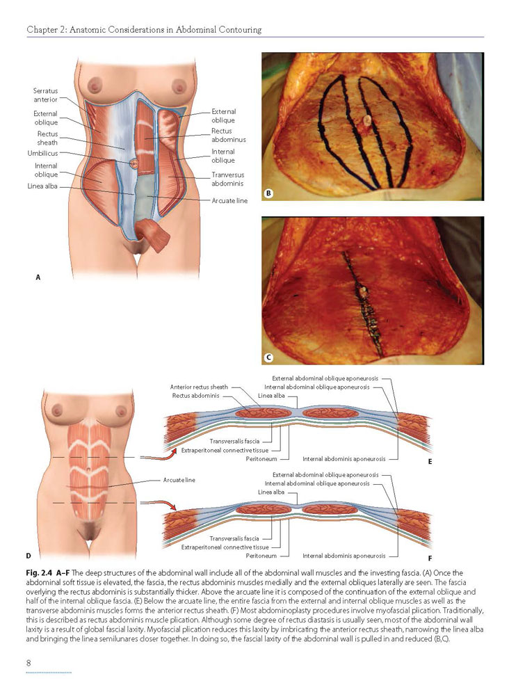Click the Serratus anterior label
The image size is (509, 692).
46,95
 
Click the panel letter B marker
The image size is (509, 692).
269,193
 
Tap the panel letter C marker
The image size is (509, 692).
269,357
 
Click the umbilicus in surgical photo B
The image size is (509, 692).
366,124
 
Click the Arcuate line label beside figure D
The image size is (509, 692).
179,480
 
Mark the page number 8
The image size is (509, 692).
29,663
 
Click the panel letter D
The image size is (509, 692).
29,555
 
